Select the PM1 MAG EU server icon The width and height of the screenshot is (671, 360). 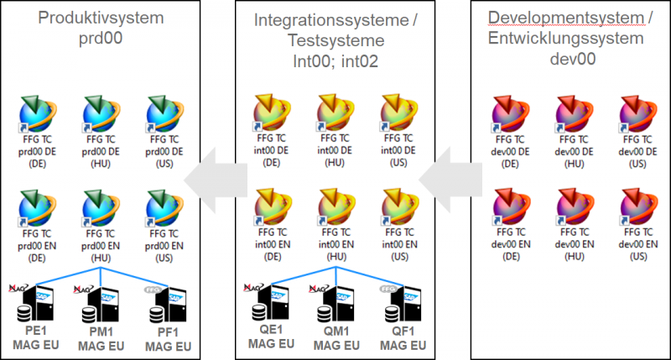coord(101,303)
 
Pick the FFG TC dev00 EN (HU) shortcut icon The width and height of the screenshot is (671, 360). coord(575,210)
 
